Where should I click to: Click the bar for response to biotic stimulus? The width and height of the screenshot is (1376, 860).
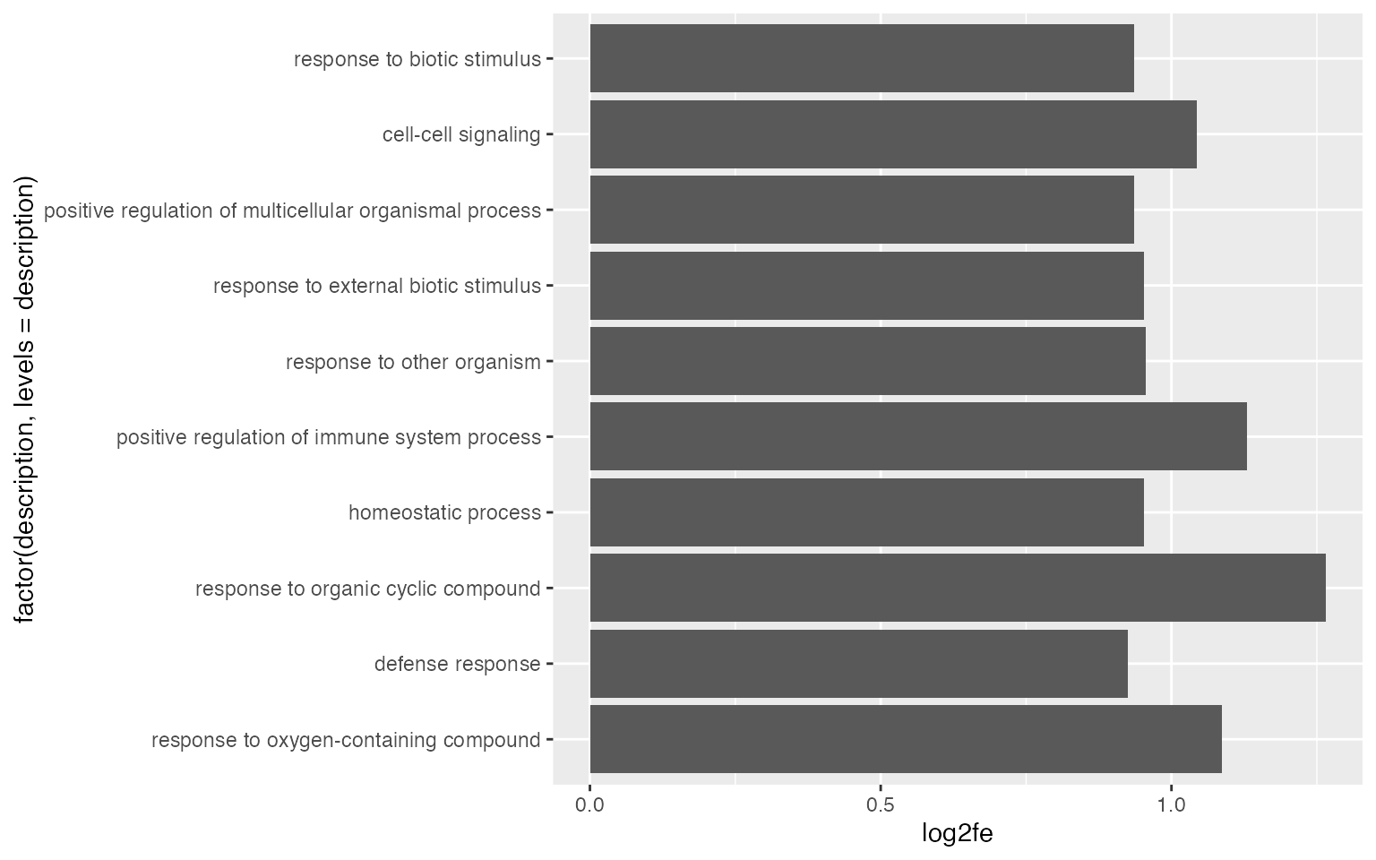pos(862,58)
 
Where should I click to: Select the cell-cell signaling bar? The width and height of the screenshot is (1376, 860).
pos(893,134)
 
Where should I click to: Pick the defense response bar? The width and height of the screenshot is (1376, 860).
pos(858,664)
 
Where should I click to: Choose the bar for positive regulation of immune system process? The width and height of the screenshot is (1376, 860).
pos(918,436)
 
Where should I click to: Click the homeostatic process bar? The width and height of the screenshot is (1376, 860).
pos(866,512)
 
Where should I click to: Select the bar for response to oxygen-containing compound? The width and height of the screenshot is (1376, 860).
pos(906,739)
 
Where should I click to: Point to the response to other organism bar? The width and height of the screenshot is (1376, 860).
pos(867,361)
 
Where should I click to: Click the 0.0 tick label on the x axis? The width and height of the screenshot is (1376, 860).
pos(589,804)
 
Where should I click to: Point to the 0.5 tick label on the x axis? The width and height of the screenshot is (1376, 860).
pos(881,804)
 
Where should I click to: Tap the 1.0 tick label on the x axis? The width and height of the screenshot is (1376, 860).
pos(1172,804)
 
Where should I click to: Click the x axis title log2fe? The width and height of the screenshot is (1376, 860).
pos(957,834)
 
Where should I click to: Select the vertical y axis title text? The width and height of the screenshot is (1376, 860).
pos(25,400)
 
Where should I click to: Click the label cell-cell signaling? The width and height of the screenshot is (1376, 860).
pos(461,135)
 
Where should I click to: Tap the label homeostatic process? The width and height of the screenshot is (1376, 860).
pos(444,513)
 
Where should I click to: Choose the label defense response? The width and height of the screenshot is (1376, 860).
pos(457,665)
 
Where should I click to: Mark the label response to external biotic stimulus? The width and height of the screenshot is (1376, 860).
pos(377,287)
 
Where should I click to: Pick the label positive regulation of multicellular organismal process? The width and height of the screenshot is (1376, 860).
pos(292,211)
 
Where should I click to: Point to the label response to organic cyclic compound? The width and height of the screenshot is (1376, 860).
pos(368,589)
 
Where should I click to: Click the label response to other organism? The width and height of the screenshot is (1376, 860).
pos(413,362)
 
